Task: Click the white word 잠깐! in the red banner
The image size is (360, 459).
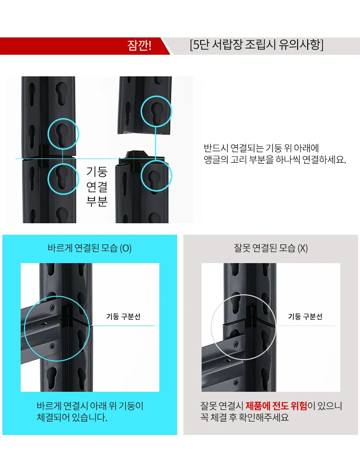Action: (139, 46)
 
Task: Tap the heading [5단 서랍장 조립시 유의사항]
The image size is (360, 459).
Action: (257, 45)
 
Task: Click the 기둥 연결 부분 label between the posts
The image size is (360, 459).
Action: (97, 186)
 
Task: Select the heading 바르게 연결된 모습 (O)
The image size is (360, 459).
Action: (90, 248)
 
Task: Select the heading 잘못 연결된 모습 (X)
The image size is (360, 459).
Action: (271, 248)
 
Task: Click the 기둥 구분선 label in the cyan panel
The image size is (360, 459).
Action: (123, 316)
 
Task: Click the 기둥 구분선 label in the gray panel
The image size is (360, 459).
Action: (305, 316)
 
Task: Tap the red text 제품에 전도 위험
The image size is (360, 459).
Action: (276, 406)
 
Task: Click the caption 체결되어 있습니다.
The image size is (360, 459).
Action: (72, 417)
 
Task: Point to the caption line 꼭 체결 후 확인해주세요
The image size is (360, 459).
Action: (244, 417)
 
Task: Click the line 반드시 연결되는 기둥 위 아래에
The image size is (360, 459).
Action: (262, 148)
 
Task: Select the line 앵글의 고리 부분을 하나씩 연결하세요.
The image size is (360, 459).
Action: (275, 160)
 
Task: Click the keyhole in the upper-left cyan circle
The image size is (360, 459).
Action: (62, 134)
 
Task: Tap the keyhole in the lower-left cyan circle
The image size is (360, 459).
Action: (62, 178)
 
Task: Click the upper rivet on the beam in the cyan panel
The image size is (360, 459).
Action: (52, 308)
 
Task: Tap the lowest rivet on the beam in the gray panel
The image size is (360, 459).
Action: (236, 383)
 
